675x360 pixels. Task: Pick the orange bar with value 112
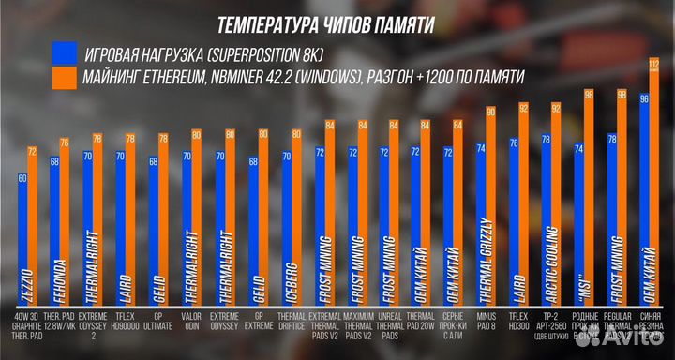(x=653, y=187)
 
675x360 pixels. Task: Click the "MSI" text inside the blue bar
(x=579, y=272)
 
